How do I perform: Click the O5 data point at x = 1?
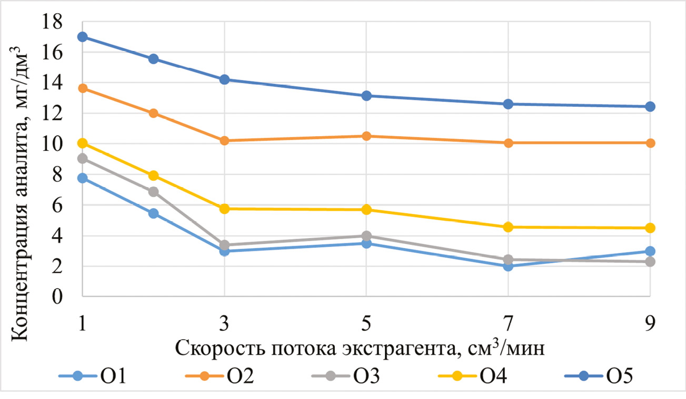coord(83,37)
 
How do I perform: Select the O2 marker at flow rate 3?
coord(224,141)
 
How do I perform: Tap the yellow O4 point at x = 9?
coord(650,228)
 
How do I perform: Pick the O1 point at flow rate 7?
coord(508,266)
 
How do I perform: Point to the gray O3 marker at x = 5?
coord(366,236)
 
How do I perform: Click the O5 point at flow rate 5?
coord(366,96)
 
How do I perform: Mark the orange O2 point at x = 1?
coord(83,88)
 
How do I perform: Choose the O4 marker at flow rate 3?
coord(224,209)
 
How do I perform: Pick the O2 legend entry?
coord(219,377)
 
